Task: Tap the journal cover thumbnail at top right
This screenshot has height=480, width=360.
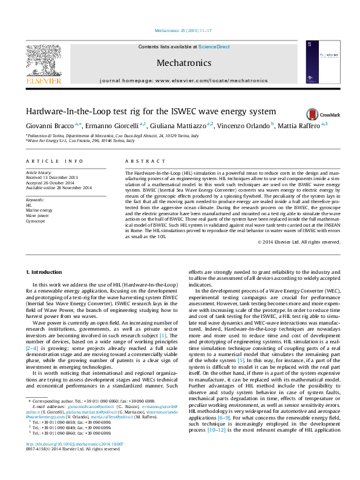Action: click(320, 62)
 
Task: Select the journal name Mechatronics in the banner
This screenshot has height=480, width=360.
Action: click(184, 62)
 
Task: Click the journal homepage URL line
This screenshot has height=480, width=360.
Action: click(183, 80)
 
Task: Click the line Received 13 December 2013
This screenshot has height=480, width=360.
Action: click(51, 178)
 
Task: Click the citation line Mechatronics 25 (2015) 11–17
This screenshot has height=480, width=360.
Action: click(180, 30)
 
